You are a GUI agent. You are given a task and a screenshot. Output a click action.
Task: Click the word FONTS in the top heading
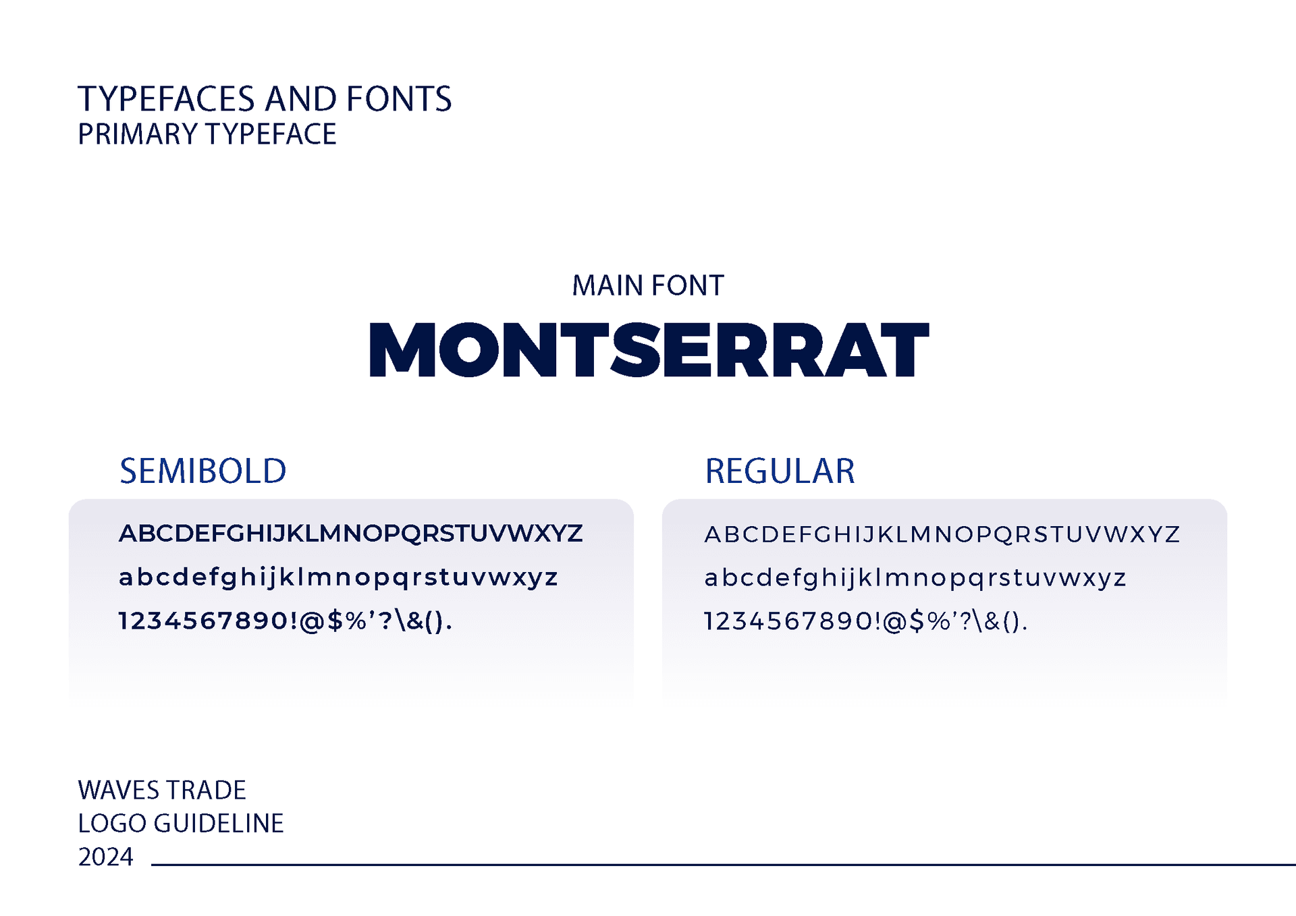pos(399,99)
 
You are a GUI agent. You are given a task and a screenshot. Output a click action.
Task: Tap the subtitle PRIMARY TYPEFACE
pos(207,134)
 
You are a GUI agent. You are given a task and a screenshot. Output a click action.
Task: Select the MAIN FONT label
pos(648,285)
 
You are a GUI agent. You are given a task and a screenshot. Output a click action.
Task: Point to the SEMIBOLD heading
pos(203,471)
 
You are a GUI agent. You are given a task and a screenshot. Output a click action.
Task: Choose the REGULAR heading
pos(780,471)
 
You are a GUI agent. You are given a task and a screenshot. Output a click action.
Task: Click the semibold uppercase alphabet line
pos(350,534)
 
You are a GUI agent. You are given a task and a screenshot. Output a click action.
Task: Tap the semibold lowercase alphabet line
pos(338,577)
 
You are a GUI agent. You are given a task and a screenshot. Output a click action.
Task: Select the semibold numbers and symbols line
pos(286,621)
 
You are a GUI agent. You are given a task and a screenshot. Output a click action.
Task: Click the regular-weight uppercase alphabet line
pos(942,534)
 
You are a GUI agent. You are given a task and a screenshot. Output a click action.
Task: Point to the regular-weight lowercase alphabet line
pos(915,578)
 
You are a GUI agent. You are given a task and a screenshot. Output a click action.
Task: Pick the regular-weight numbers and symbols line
pos(866,621)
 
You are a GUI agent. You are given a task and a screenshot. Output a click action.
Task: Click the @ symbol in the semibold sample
pos(312,621)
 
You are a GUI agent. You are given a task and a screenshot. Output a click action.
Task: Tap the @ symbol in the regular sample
pos(894,622)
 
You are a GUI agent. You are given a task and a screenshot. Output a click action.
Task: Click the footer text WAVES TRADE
pos(162,790)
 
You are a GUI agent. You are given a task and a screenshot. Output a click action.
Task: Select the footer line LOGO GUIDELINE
pos(181,824)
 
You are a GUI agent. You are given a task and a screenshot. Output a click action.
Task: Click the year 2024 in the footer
pos(105,857)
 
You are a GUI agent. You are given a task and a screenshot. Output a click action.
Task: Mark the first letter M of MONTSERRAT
pos(402,349)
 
